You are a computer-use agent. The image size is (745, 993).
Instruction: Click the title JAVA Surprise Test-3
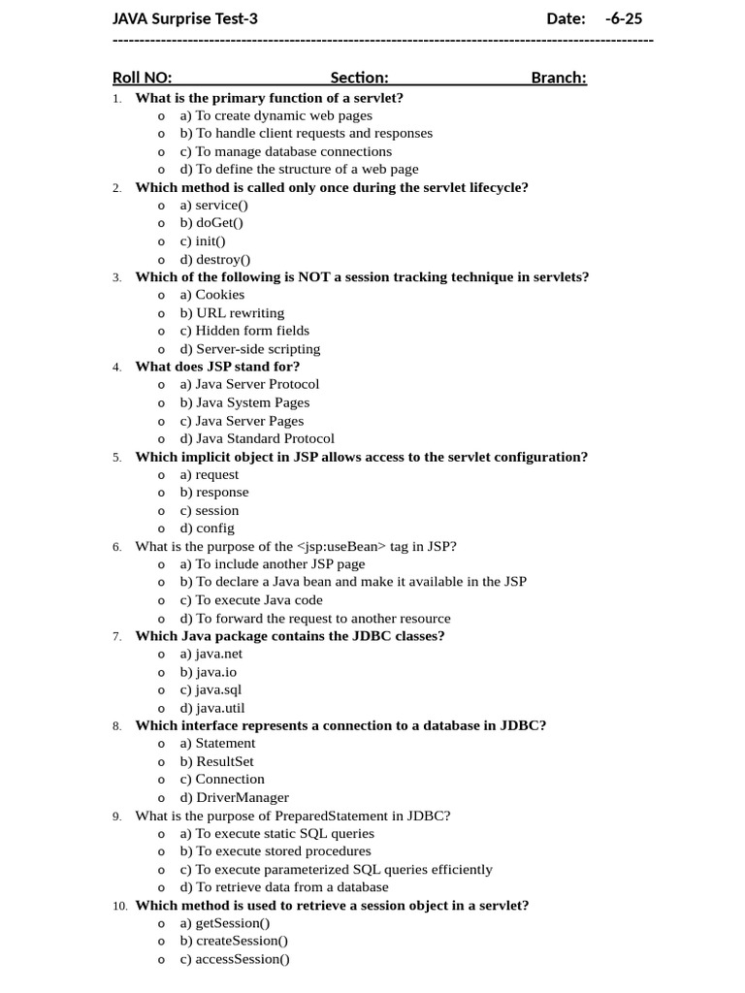coord(185,18)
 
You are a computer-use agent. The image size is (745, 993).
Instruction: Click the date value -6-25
coord(623,18)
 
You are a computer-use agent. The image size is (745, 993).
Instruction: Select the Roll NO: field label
coord(142,78)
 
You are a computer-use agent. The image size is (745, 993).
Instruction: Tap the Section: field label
coord(359,78)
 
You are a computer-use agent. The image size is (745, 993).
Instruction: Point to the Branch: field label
coord(559,78)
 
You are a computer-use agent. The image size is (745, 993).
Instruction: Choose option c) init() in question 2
coord(203,241)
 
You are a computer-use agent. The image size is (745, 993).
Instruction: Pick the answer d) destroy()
coord(214,259)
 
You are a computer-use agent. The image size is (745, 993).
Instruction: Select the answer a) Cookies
coord(212,295)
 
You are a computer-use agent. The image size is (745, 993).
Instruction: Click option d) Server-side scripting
coord(249,349)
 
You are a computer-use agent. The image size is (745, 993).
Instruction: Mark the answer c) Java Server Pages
coord(242,421)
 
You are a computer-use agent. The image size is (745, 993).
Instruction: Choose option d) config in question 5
coord(207,529)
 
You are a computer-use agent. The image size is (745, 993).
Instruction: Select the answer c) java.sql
coord(211,689)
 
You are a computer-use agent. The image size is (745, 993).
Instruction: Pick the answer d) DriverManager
coord(234,797)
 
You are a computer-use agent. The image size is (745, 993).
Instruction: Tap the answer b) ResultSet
coord(216,761)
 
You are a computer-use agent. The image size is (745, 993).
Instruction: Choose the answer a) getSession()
coord(225,923)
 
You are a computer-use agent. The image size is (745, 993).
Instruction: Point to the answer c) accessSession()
coord(234,959)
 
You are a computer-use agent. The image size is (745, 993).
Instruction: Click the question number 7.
coord(116,636)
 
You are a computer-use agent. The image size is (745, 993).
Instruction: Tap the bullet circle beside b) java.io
coord(161,672)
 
